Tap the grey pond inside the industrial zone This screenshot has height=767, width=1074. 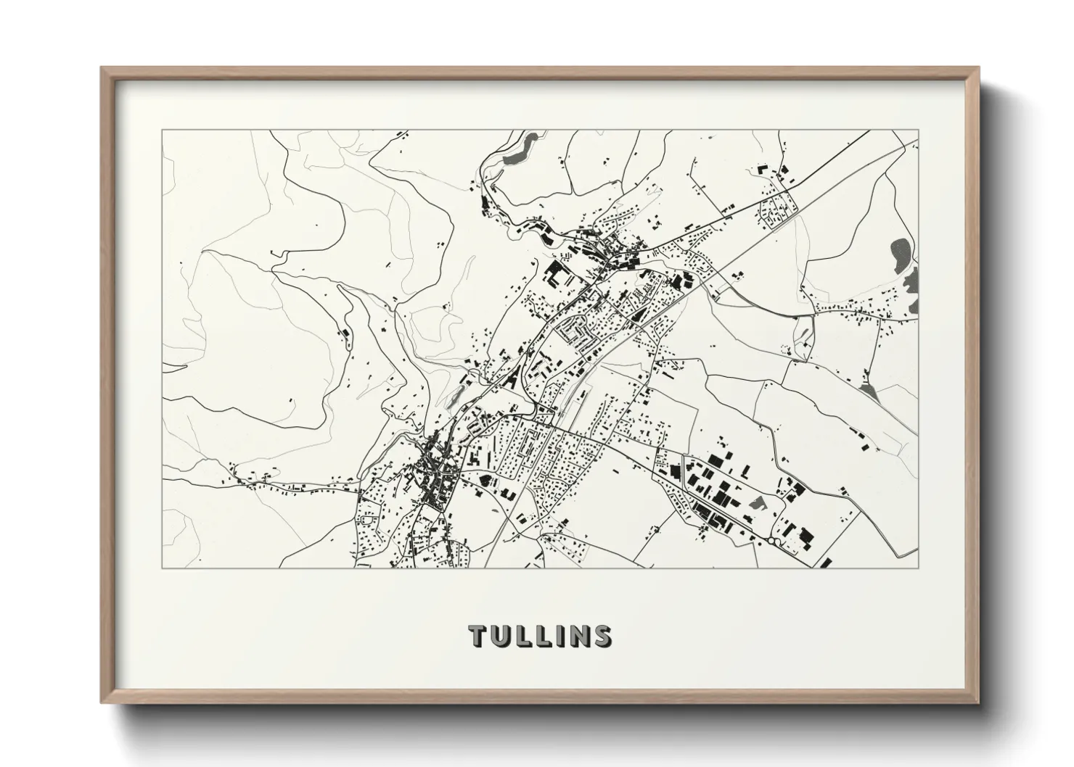point(756,502)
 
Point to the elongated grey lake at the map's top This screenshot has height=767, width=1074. point(521,148)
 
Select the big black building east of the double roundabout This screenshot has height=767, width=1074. point(803,537)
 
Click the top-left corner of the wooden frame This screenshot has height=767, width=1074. point(102,68)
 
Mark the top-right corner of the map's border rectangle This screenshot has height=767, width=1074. point(919,130)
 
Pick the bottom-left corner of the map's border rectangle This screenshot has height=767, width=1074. point(162,568)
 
